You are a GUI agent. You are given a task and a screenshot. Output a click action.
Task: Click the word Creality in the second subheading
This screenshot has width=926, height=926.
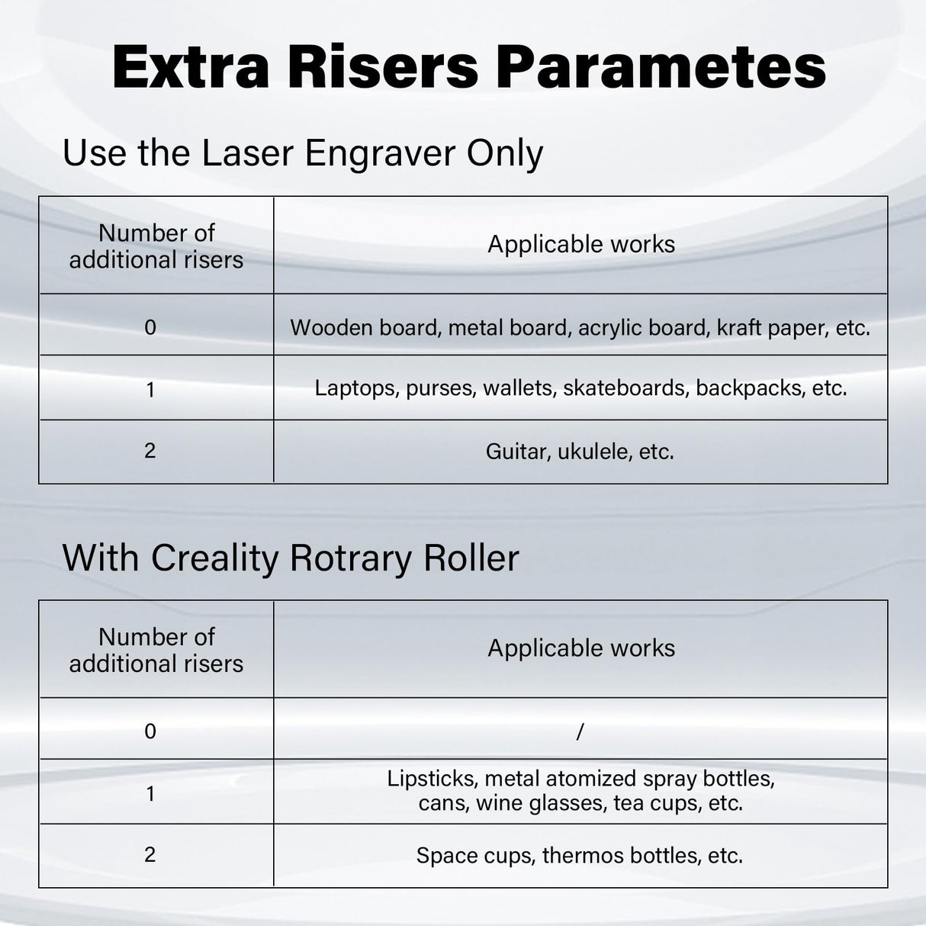click(x=215, y=558)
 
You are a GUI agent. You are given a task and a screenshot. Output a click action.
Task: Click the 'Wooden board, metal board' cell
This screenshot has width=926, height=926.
click(x=580, y=328)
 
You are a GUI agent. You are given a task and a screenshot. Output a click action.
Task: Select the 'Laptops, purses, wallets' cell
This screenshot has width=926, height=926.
click(x=580, y=388)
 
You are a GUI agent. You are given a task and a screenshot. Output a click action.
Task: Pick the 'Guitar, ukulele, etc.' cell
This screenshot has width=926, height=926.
click(x=580, y=452)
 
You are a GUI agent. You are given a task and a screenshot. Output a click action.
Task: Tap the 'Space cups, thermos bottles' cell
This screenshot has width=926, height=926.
click(x=580, y=856)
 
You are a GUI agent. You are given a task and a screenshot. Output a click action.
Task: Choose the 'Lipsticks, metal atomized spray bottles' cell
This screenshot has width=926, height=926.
click(x=580, y=790)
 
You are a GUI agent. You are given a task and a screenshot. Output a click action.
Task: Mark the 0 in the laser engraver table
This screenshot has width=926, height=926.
click(x=150, y=328)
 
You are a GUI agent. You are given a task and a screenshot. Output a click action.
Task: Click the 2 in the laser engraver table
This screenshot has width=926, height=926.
click(x=150, y=451)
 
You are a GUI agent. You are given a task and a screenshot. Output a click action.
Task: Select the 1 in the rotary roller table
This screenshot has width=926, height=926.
click(x=150, y=794)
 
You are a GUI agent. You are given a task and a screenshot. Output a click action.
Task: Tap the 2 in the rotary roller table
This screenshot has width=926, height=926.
click(x=150, y=854)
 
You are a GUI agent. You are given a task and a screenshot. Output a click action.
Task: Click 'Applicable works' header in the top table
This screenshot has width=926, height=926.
click(x=581, y=244)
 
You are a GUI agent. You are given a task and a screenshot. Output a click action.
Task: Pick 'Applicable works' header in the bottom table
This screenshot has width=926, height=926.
click(x=581, y=648)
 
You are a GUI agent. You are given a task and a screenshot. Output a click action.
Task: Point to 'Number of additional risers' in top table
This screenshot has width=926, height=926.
click(x=156, y=246)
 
